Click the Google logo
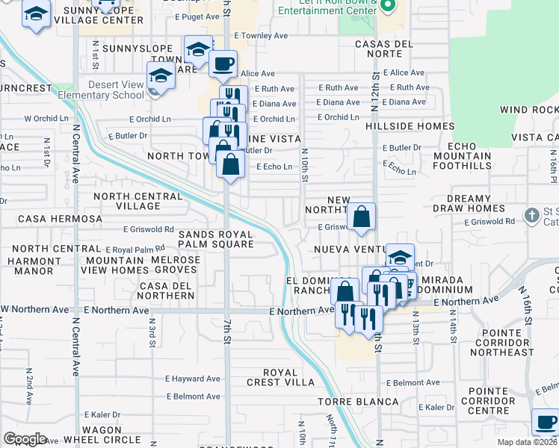point(25,438)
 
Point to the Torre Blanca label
point(358,402)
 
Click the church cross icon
point(531,216)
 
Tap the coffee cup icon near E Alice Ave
point(223,64)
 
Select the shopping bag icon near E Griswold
point(361,217)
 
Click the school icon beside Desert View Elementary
point(161,75)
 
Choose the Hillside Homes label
point(410,127)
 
